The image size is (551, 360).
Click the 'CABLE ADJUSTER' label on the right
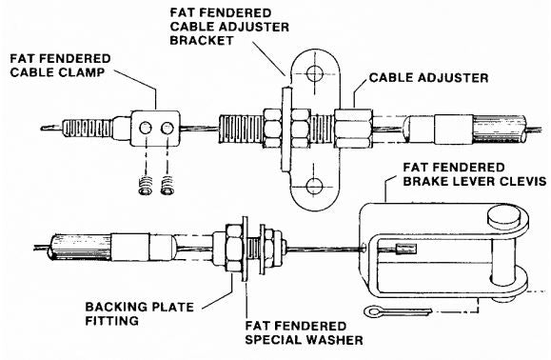[428, 78]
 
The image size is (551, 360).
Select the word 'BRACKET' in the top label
[202, 40]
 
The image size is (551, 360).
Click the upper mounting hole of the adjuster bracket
[314, 74]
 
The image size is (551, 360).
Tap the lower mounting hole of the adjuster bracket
[314, 186]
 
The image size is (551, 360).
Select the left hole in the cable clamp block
[146, 128]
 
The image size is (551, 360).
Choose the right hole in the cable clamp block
[167, 128]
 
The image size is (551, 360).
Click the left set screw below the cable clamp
[146, 186]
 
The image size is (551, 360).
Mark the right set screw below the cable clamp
[168, 186]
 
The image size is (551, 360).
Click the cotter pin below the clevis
[398, 311]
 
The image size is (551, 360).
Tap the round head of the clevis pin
[503, 216]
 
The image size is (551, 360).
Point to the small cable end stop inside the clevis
[405, 249]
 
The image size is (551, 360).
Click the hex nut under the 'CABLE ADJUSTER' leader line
[353, 129]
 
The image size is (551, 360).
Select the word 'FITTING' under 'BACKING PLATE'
[111, 321]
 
